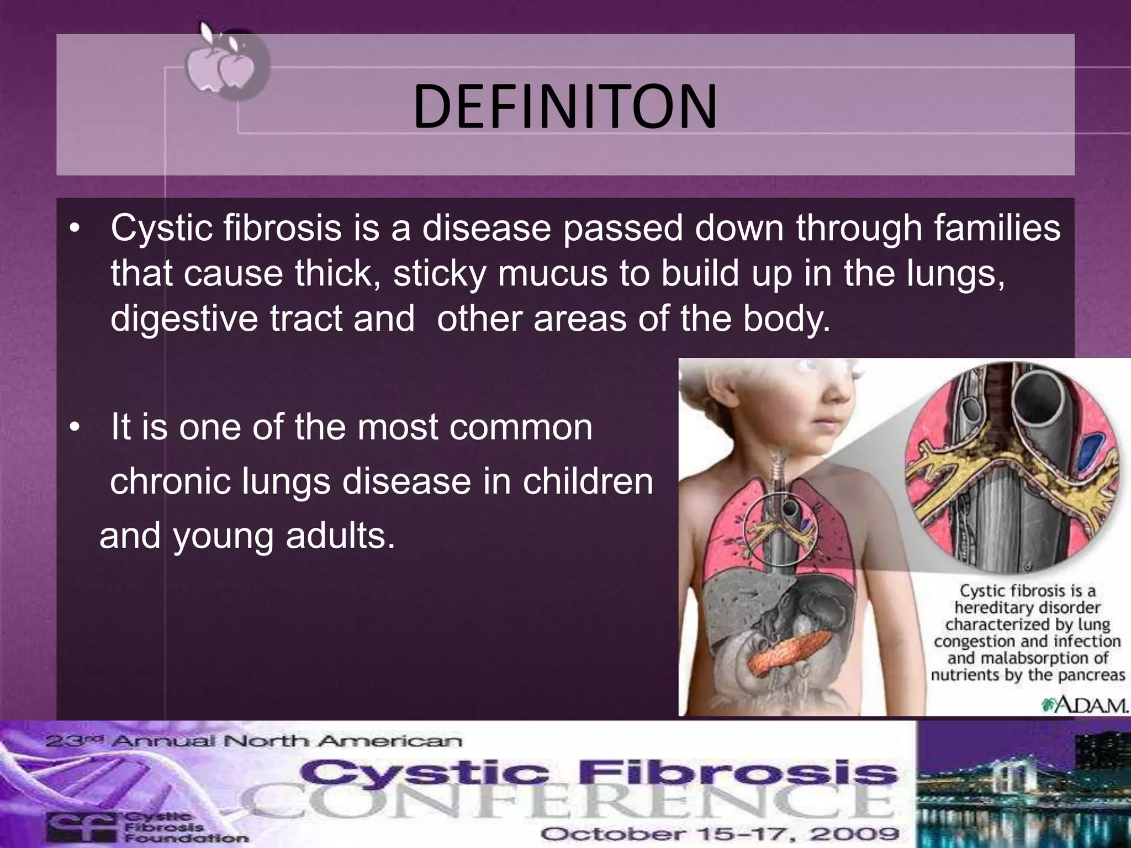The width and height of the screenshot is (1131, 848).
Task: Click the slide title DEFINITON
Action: pos(565,107)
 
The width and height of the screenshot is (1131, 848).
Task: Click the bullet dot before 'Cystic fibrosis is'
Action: pos(76,229)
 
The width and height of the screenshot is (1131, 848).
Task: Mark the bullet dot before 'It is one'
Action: pos(76,428)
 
